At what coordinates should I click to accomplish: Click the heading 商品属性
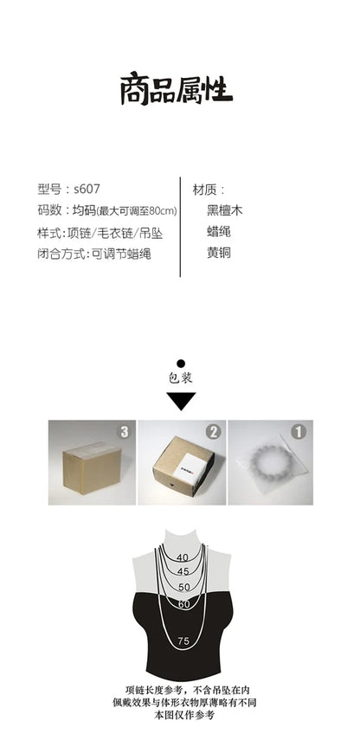point(177,88)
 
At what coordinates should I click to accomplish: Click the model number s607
point(87,189)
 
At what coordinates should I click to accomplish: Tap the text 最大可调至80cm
point(136,211)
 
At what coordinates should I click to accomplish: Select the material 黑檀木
point(225,210)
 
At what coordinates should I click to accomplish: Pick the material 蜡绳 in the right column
point(219,232)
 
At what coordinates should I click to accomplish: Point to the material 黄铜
point(219,253)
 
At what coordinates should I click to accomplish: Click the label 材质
point(204,190)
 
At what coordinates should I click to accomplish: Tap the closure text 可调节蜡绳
point(121,254)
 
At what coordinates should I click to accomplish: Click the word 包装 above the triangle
point(181,377)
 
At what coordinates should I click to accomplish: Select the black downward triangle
point(181,400)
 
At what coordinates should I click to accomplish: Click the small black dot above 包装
point(181,364)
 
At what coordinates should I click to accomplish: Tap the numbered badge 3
point(124,432)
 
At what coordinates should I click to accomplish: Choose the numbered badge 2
point(214,432)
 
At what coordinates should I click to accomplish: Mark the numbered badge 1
point(299,432)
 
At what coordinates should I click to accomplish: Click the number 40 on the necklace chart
point(182,557)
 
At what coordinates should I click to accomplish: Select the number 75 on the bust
point(183,641)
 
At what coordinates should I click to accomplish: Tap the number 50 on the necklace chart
point(184,587)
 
